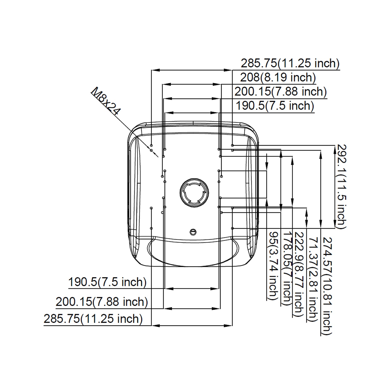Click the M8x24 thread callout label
coord(106,101)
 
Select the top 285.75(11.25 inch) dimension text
coord(290,63)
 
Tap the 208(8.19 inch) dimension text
coord(278,77)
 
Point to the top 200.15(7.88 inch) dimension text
coord(281,92)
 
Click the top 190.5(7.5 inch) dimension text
coord(275,106)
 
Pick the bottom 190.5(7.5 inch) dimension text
coord(107,282)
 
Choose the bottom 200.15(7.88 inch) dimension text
coord(102,302)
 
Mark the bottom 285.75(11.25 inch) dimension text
coord(93,319)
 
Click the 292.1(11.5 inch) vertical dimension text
coord(341,186)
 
